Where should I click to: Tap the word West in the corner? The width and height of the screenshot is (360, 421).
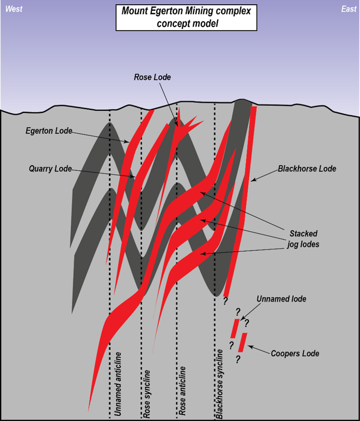(x=14, y=9)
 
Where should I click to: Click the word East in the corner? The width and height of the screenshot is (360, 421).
(x=348, y=9)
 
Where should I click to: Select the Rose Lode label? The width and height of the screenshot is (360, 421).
(x=152, y=77)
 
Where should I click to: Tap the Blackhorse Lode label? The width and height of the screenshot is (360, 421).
(x=307, y=169)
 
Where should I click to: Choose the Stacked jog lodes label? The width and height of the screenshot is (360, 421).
(x=303, y=239)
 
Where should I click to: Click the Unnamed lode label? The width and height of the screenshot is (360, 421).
(x=281, y=299)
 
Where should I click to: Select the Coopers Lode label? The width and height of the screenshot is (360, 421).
(x=295, y=353)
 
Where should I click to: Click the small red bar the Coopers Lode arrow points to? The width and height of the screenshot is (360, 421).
(x=242, y=343)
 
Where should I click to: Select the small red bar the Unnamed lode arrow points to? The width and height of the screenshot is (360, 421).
(x=235, y=328)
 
